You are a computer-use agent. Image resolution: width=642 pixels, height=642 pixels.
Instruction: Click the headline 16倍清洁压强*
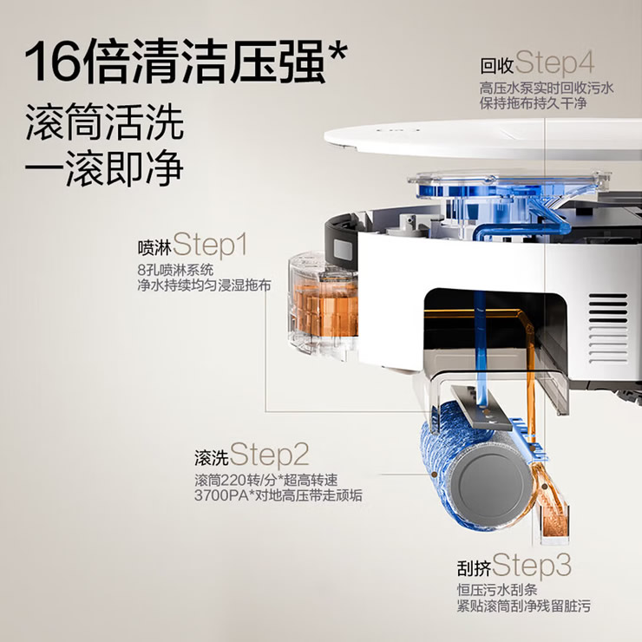tap(187, 62)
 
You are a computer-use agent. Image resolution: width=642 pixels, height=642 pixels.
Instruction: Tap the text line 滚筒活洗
tap(104, 122)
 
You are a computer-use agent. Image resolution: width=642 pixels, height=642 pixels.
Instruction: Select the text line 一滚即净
tap(104, 168)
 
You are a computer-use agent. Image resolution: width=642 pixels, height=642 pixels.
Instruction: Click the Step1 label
tap(210, 246)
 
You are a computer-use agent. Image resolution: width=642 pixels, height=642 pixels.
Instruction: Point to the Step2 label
tap(269, 455)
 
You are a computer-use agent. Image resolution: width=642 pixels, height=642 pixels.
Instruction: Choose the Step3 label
tap(532, 566)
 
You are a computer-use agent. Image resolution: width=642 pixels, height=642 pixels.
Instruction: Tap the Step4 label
tap(554, 63)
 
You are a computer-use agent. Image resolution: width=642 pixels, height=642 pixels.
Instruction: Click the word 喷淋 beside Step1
tap(154, 248)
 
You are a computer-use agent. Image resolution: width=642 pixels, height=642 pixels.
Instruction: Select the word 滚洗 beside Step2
tap(212, 458)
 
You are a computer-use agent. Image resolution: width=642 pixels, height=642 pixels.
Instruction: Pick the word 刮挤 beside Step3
tap(475, 568)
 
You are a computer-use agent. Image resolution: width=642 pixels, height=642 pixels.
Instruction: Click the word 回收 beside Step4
tap(497, 66)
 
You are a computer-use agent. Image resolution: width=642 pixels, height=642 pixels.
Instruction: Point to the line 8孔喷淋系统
tap(175, 270)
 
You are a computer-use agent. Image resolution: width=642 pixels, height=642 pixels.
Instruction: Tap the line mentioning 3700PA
tap(278, 495)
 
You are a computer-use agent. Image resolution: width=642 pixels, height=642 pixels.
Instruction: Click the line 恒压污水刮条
tap(497, 591)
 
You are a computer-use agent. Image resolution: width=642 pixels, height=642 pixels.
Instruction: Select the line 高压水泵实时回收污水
tap(547, 88)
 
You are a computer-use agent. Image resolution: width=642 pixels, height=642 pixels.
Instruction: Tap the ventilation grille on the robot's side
tap(607, 328)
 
